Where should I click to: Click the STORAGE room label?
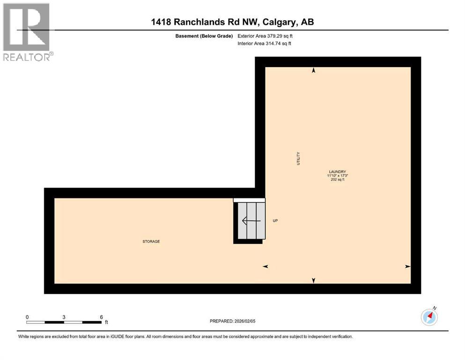point(151,241)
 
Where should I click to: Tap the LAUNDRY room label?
point(337,172)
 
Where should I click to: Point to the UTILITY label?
point(298,158)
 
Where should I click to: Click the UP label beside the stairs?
point(275,221)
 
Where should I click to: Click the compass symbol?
point(429,317)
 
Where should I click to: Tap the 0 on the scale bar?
point(27,317)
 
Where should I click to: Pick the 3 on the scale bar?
point(64,317)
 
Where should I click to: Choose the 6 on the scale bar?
point(101,317)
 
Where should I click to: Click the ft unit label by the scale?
point(106,322)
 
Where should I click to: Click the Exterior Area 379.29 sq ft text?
point(266,36)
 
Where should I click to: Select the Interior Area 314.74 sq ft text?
point(265,44)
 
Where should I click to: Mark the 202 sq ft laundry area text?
point(337,180)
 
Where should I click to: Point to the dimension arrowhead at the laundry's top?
point(314,70)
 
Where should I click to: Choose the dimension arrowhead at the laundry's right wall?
point(407,266)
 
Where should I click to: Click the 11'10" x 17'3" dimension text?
point(337,176)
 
